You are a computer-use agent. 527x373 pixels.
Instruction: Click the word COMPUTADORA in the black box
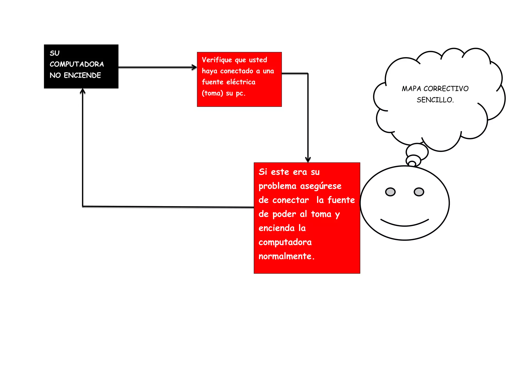77,64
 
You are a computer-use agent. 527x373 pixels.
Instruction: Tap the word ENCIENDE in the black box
82,75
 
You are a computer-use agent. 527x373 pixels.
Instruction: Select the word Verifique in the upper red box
217,60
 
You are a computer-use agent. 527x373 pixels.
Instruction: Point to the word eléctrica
241,82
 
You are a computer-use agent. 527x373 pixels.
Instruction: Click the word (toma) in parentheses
212,93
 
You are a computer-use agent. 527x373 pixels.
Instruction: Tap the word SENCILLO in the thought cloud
435,100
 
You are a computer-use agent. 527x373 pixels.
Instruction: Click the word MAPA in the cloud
411,89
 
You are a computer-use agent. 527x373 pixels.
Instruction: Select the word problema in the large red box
277,186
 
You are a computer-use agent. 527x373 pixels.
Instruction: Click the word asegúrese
321,186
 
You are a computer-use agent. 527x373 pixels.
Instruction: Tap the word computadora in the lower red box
285,242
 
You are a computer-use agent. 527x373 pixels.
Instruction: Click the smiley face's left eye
390,192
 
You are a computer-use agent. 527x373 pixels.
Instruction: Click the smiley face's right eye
419,192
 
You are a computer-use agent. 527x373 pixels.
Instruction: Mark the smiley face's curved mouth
405,224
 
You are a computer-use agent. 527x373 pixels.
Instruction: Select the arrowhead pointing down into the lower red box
308,159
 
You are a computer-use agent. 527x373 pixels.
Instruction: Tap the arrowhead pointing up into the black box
83,91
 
